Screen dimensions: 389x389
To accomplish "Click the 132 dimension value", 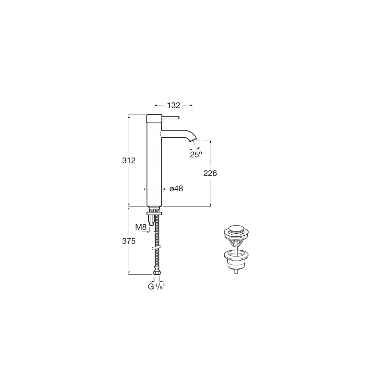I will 173,105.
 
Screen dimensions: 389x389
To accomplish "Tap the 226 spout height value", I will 210,173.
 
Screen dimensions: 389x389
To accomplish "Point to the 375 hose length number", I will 129,241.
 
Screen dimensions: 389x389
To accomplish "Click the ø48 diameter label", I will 176,189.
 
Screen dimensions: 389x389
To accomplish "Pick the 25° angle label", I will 196,155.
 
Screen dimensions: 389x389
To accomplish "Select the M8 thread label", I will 141,227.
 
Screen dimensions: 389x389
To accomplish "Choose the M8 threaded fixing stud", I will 151,221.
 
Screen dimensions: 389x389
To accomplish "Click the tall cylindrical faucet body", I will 154,162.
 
